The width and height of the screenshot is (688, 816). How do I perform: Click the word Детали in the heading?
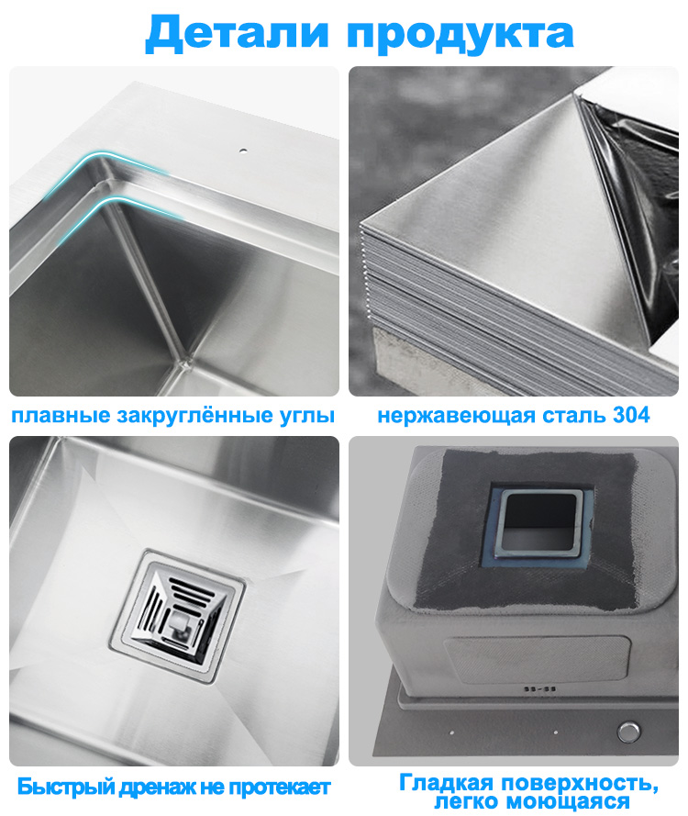pyautogui.click(x=238, y=32)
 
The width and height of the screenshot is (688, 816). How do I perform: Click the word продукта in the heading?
pyautogui.click(x=461, y=34)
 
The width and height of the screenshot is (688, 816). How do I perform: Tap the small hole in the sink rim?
pyautogui.click(x=243, y=151)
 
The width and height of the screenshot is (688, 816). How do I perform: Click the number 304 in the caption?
pyautogui.click(x=631, y=415)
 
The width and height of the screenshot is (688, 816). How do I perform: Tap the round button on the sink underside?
pyautogui.click(x=628, y=732)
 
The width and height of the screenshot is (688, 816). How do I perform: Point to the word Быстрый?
pyautogui.click(x=65, y=787)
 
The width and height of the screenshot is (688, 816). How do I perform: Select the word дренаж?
pyautogui.click(x=157, y=788)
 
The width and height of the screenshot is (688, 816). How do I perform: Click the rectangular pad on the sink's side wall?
pyautogui.click(x=538, y=658)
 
